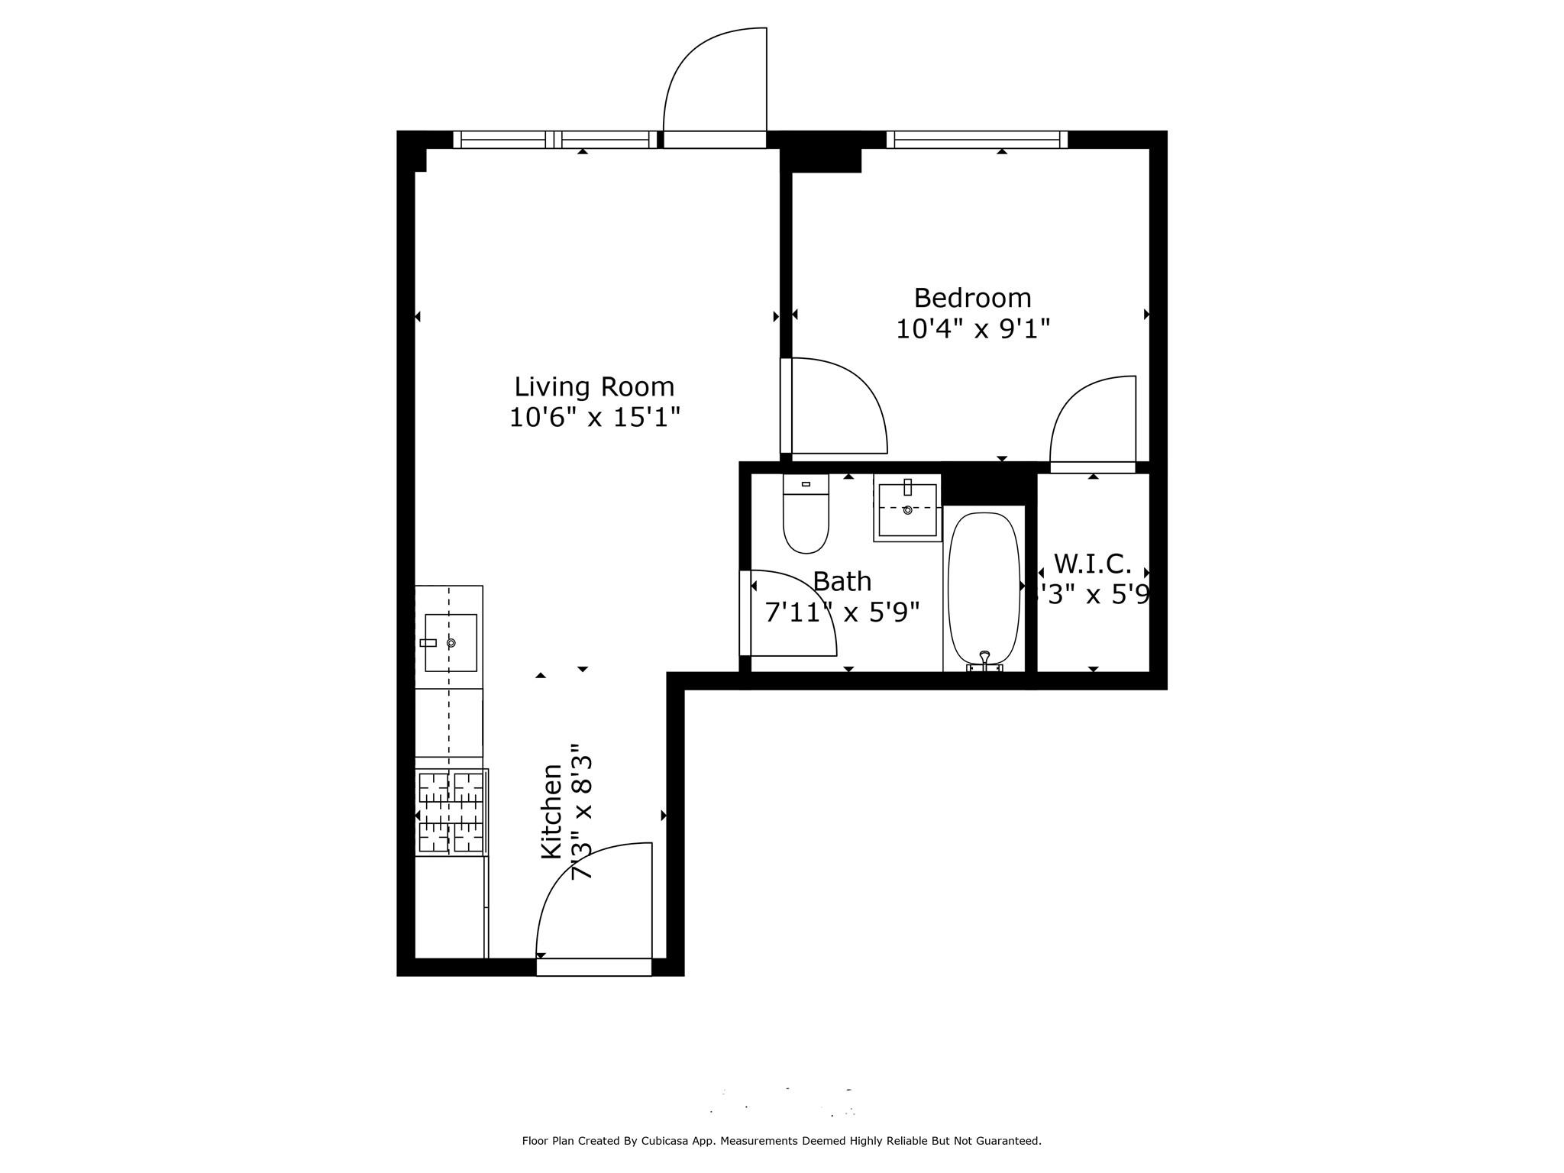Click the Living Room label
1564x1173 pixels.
tap(594, 386)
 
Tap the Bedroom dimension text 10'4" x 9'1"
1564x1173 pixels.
tap(972, 329)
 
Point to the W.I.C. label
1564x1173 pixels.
tap(1092, 564)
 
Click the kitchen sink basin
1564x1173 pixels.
tap(451, 642)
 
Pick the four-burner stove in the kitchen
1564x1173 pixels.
tap(451, 812)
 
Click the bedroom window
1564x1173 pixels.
tap(977, 140)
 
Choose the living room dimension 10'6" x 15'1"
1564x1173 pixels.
tap(594, 418)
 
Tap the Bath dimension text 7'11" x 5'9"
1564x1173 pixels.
tap(842, 612)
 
